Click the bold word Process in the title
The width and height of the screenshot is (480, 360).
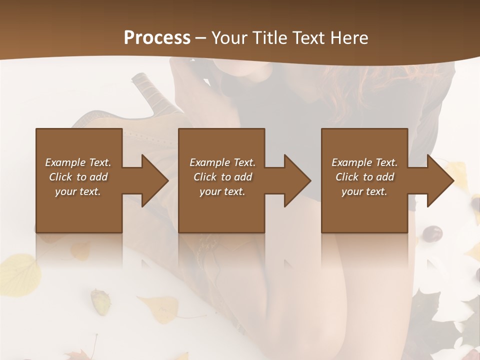click(157, 37)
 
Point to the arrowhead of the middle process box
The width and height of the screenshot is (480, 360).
click(297, 180)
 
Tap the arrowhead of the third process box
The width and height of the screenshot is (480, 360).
click(440, 180)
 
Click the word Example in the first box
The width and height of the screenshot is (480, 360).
click(65, 162)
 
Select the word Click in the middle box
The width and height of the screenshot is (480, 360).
click(205, 177)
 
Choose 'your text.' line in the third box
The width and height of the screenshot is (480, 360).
click(364, 191)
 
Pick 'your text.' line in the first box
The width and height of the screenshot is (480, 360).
click(77, 191)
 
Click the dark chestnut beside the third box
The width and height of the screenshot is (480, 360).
click(432, 233)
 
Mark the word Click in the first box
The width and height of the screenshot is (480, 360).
click(60, 177)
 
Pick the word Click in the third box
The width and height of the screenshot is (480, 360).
click(347, 177)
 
